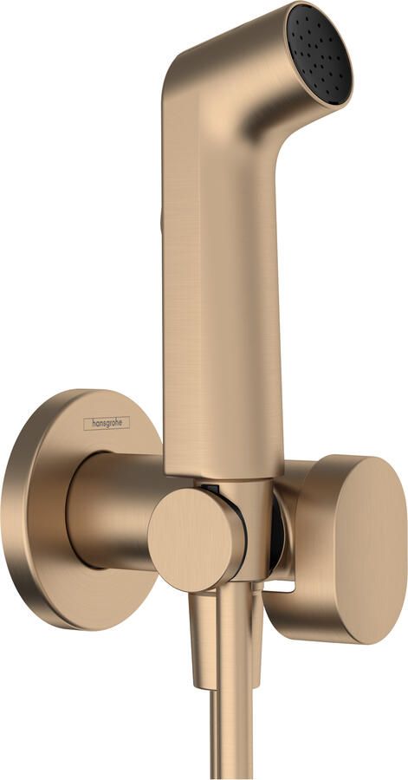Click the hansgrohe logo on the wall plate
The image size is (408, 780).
coord(107,422)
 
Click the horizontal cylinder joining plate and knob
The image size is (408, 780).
coord(113,511)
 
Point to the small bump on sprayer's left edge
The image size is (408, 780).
coord(161,223)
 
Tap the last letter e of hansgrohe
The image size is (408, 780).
coord(126,422)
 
